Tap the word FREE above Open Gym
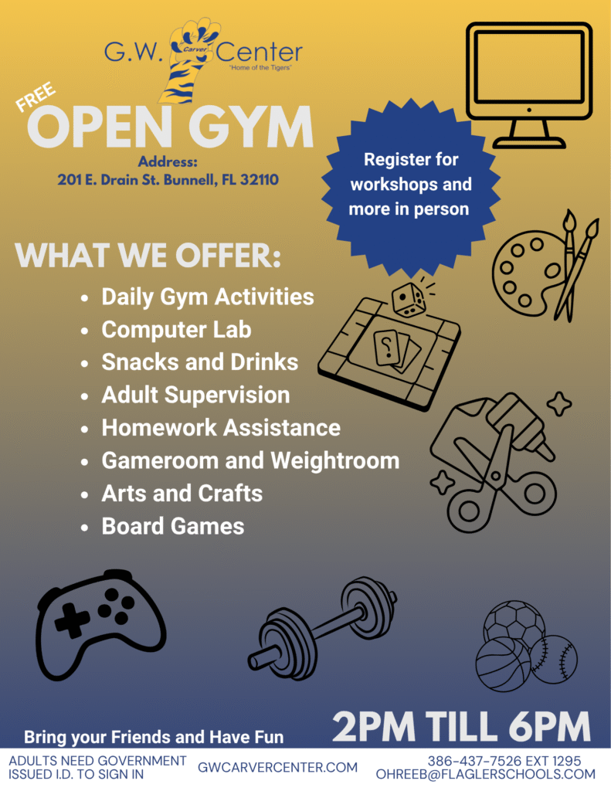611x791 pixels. (x=36, y=97)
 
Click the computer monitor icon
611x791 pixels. (x=529, y=85)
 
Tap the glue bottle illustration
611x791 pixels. (x=520, y=425)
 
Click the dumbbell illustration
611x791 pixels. (x=323, y=628)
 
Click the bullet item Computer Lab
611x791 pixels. (x=176, y=330)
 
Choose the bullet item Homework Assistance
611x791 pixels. (x=221, y=428)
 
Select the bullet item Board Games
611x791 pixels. (x=172, y=526)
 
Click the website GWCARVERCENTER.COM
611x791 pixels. (x=277, y=767)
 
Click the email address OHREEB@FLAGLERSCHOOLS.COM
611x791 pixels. (x=485, y=774)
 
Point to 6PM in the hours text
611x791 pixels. (x=549, y=726)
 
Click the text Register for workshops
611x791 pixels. (x=411, y=171)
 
